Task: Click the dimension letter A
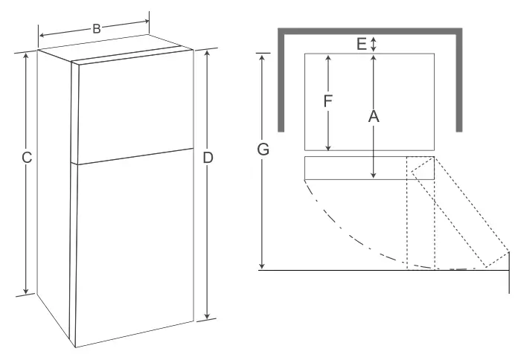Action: point(374,116)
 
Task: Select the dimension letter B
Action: point(96,29)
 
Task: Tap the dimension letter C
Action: point(26,158)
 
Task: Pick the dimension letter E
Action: point(362,45)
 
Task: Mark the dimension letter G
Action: point(262,150)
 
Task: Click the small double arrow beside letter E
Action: point(374,44)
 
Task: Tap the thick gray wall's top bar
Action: point(369,31)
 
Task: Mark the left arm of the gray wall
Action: point(283,82)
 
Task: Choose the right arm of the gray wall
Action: point(455,82)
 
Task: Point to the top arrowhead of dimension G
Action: point(262,57)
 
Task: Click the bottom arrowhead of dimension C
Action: point(26,291)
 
